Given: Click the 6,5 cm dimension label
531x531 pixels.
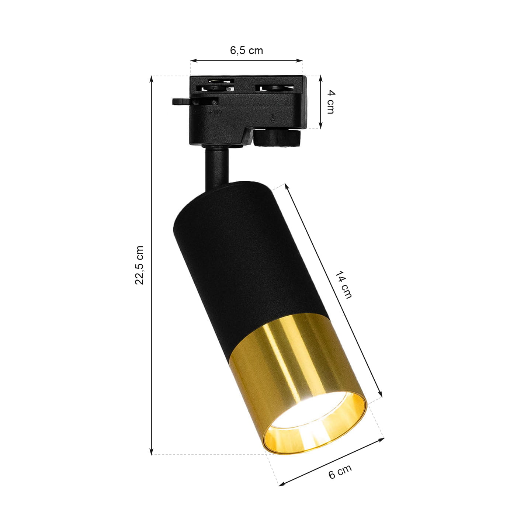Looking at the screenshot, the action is pyautogui.click(x=246, y=51).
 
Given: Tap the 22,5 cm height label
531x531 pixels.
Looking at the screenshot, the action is pyautogui.click(x=139, y=265).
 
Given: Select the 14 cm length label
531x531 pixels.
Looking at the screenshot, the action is pyautogui.click(x=343, y=285).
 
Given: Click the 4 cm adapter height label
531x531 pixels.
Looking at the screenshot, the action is pyautogui.click(x=330, y=102).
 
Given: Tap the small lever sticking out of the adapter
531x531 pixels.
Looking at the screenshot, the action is pyautogui.click(x=182, y=101).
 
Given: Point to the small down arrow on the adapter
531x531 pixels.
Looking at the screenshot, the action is pyautogui.click(x=273, y=117).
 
